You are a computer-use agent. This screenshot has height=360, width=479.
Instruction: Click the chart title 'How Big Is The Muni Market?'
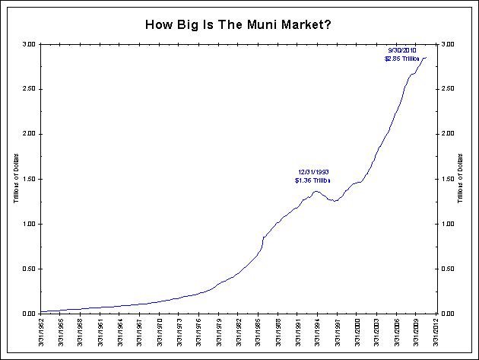tap(237, 24)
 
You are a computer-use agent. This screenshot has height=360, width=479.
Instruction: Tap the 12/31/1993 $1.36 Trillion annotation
tap(312, 176)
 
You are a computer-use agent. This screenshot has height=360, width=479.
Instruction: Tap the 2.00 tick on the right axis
tap(449, 134)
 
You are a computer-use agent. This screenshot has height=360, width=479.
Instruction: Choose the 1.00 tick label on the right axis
tap(449, 224)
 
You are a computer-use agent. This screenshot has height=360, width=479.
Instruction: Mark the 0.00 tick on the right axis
tap(449, 314)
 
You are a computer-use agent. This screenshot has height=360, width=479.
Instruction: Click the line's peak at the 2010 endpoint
tap(426, 58)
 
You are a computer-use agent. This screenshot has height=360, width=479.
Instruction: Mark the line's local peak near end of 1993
tap(316, 191)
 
